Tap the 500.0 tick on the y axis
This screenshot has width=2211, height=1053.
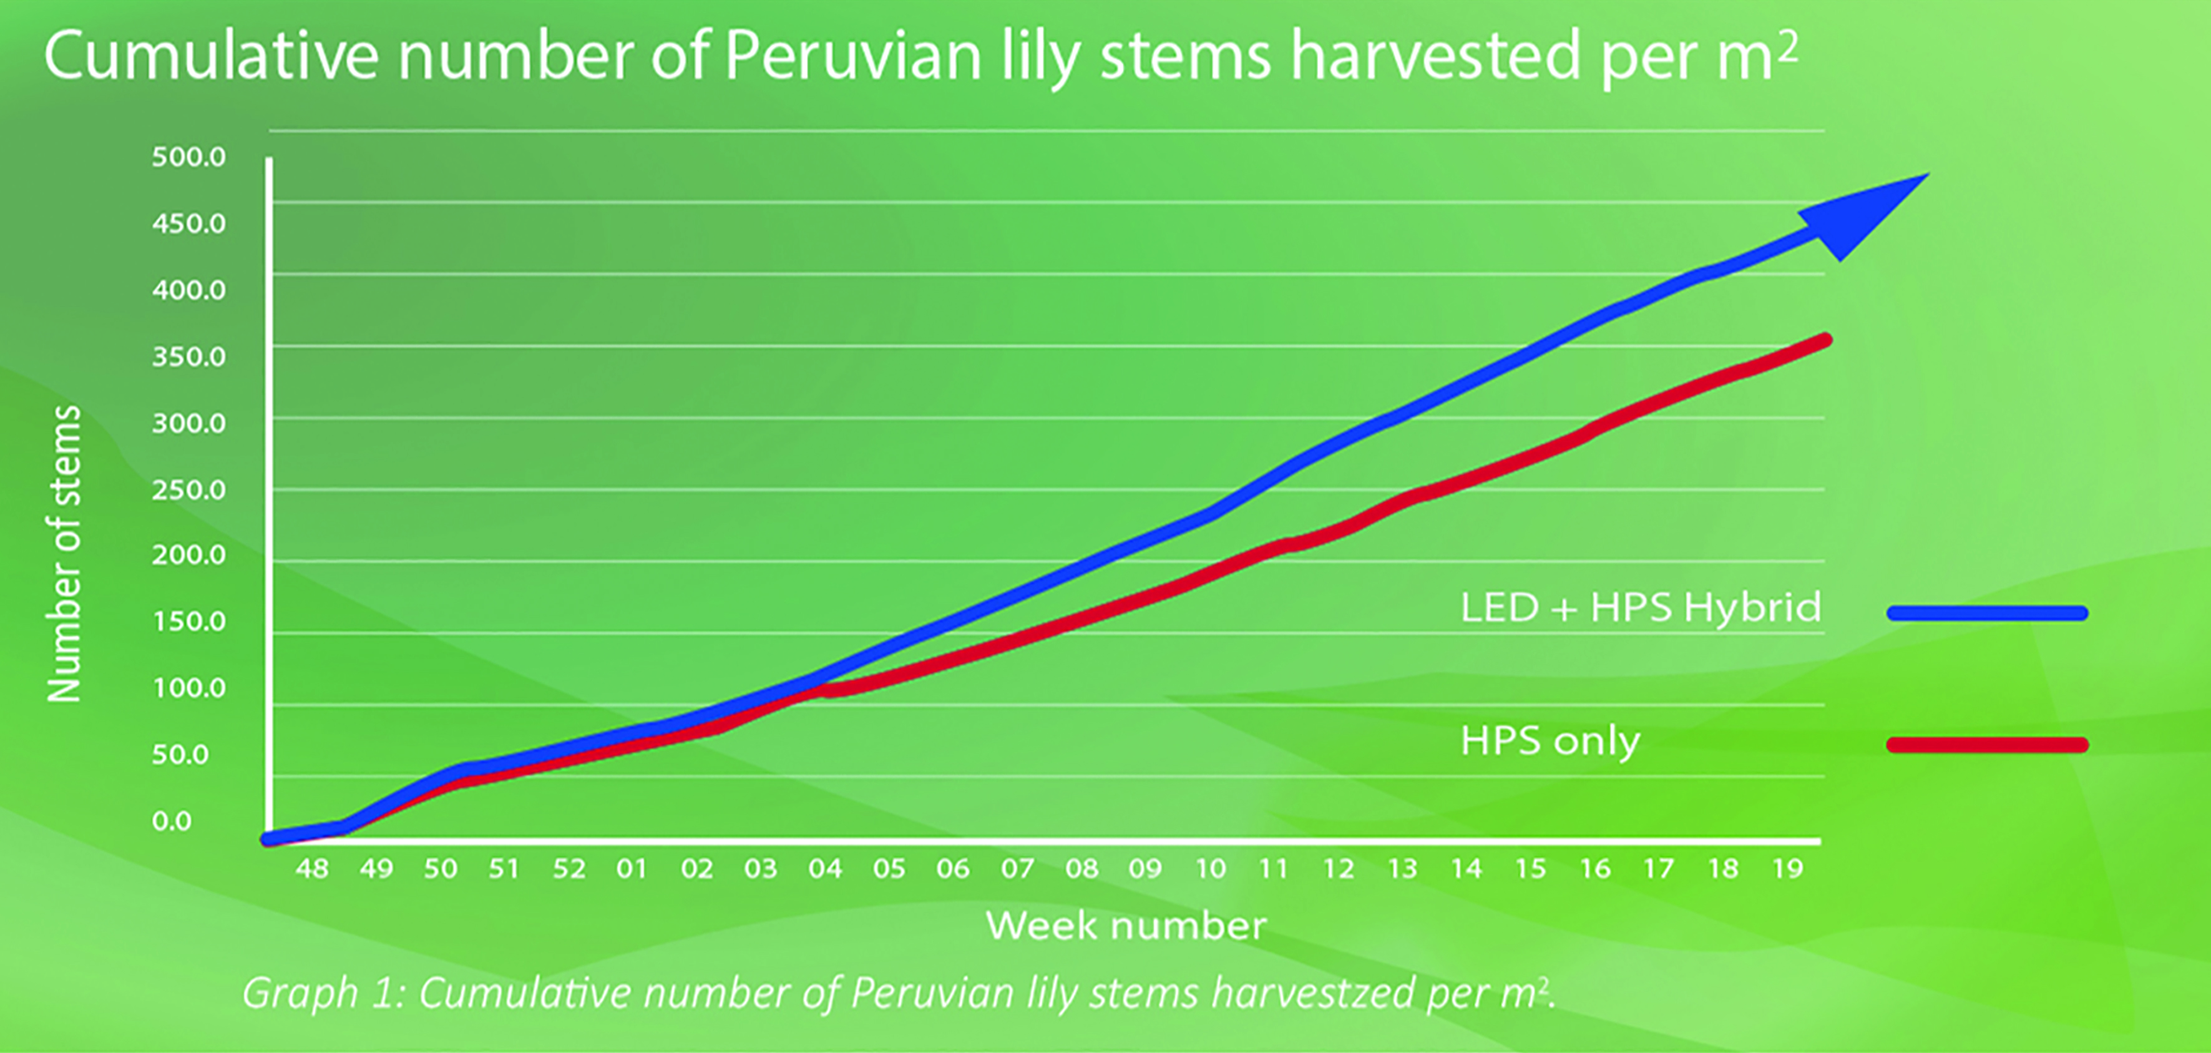pos(189,157)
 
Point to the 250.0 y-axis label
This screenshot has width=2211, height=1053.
pos(189,490)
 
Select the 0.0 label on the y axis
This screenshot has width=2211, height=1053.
pos(172,821)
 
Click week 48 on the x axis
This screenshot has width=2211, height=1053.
pos(311,869)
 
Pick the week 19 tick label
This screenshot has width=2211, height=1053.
pos(1788,869)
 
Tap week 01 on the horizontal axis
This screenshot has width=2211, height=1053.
pos(632,869)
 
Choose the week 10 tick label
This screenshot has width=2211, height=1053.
pos(1210,869)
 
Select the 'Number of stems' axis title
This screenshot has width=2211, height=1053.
pos(64,554)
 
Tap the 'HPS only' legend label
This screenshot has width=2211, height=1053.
pos(1550,742)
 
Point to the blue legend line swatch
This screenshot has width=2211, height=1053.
pos(1987,613)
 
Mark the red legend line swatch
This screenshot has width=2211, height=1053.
pos(1987,745)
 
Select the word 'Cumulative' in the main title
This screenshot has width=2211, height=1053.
pos(211,57)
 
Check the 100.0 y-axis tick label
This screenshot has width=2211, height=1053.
pos(189,688)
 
